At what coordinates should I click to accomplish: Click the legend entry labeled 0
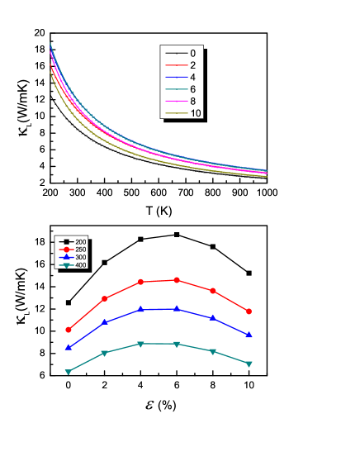click(x=182, y=53)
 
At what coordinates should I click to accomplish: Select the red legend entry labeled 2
click(x=182, y=64)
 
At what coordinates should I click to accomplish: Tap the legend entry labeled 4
click(x=182, y=77)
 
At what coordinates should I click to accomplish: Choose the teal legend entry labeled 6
click(x=182, y=88)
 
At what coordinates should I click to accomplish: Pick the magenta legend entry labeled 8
click(x=182, y=101)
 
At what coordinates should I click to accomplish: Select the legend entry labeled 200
click(x=73, y=241)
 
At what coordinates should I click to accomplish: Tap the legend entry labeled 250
click(x=73, y=249)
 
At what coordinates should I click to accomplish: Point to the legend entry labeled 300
click(x=73, y=257)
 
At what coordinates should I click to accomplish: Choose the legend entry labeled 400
click(x=73, y=265)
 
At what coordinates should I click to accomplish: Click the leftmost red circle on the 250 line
click(x=69, y=330)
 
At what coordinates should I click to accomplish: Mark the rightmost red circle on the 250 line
click(x=249, y=311)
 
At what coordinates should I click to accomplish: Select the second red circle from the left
click(x=105, y=298)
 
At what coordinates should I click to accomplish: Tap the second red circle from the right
click(x=213, y=291)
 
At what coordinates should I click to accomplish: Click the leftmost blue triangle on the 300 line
click(x=69, y=347)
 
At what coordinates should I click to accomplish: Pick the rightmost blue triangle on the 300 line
click(x=249, y=335)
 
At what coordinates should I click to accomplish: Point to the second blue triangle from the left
click(x=105, y=321)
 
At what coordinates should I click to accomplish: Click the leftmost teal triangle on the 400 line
click(x=69, y=372)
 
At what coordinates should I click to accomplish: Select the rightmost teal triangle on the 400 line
click(x=249, y=364)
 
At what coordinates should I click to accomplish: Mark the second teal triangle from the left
click(x=105, y=353)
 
